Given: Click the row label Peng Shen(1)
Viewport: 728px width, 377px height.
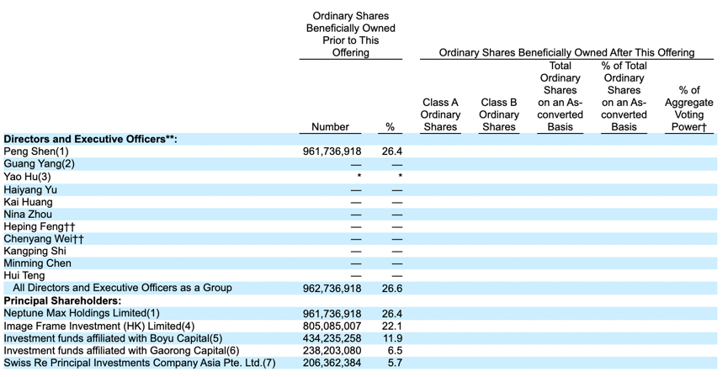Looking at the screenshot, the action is (x=35, y=151).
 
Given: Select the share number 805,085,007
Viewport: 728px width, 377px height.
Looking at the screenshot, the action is (x=332, y=327).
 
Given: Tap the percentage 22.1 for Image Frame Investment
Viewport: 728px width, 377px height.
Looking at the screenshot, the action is (x=392, y=327).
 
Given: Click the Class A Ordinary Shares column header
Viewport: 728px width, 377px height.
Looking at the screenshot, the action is (x=440, y=114).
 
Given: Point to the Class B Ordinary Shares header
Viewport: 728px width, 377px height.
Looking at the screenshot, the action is (x=498, y=114).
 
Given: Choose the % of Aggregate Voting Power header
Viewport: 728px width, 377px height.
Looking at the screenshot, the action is (x=688, y=109).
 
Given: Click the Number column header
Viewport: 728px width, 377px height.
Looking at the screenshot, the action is (x=330, y=127).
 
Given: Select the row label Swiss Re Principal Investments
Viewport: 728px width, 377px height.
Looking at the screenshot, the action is (x=139, y=363).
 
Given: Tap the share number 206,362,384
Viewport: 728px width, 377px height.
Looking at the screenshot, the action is (x=332, y=363).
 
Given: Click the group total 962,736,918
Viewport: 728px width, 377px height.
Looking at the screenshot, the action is (x=332, y=289).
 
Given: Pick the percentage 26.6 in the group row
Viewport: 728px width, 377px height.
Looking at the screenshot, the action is (x=392, y=289).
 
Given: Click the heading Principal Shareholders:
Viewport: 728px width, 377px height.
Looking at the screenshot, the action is (x=62, y=300).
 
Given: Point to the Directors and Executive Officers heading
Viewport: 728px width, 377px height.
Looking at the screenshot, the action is (x=91, y=139).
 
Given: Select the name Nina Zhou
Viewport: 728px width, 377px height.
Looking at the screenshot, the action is (x=28, y=214).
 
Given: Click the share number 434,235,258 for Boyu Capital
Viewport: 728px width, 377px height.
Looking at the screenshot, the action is (x=332, y=338).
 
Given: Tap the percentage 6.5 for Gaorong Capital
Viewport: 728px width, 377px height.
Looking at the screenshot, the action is (x=395, y=351).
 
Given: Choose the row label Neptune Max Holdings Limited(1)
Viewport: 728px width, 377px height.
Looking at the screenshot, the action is (x=82, y=313).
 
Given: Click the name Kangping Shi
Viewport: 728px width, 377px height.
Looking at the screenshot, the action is (x=35, y=251).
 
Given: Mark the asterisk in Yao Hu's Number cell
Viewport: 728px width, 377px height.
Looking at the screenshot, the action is (x=359, y=176).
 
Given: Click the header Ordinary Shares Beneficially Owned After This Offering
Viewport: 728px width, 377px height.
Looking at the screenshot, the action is (x=566, y=52).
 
